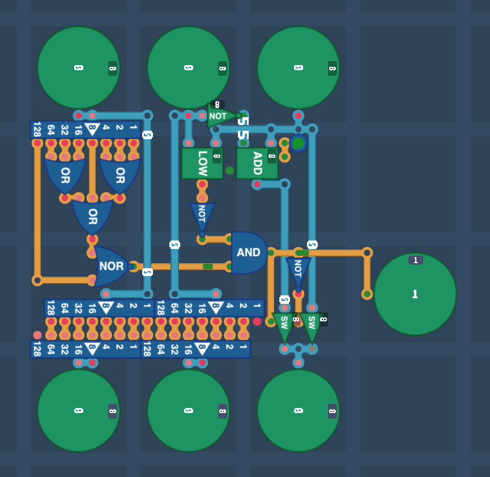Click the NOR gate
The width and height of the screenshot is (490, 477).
(x=111, y=267)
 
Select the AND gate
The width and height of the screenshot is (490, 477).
(x=248, y=252)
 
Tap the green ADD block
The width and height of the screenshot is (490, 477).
(x=257, y=163)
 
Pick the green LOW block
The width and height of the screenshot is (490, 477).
(x=202, y=163)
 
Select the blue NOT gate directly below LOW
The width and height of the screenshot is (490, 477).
(x=202, y=217)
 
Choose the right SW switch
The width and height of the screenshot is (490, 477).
(x=311, y=325)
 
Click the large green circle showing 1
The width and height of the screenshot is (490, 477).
(x=415, y=294)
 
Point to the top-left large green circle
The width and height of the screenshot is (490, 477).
(x=79, y=68)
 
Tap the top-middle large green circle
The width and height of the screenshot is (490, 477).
(x=189, y=68)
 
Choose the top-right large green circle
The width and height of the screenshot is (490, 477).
(x=299, y=68)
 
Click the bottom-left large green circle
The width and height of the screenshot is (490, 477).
(x=79, y=411)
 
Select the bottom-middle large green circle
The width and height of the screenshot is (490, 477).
(x=189, y=411)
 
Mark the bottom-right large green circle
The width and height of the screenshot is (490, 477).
(x=299, y=411)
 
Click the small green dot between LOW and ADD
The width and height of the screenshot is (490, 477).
(x=229, y=170)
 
